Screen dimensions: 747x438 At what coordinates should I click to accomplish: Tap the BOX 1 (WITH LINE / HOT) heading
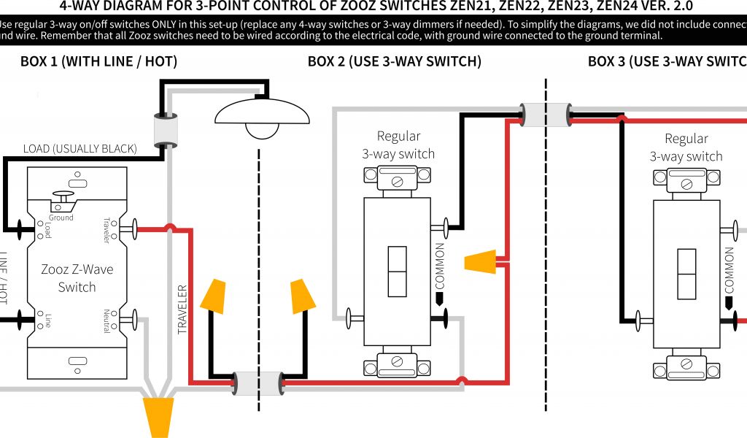(98, 61)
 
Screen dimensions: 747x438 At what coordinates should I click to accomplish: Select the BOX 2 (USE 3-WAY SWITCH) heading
(394, 61)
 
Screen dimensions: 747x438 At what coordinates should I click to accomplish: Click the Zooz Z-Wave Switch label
(77, 278)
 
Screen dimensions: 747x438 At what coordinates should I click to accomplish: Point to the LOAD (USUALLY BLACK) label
(80, 149)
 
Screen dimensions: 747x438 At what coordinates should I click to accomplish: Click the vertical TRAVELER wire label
(182, 310)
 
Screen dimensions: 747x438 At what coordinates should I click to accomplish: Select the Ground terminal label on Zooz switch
(61, 218)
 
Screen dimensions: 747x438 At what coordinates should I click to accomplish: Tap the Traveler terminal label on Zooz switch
(107, 230)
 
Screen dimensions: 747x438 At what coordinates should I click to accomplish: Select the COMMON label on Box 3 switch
(728, 269)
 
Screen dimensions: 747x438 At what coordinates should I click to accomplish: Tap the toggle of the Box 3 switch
(687, 274)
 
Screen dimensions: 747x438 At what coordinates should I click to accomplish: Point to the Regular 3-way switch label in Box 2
(398, 145)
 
